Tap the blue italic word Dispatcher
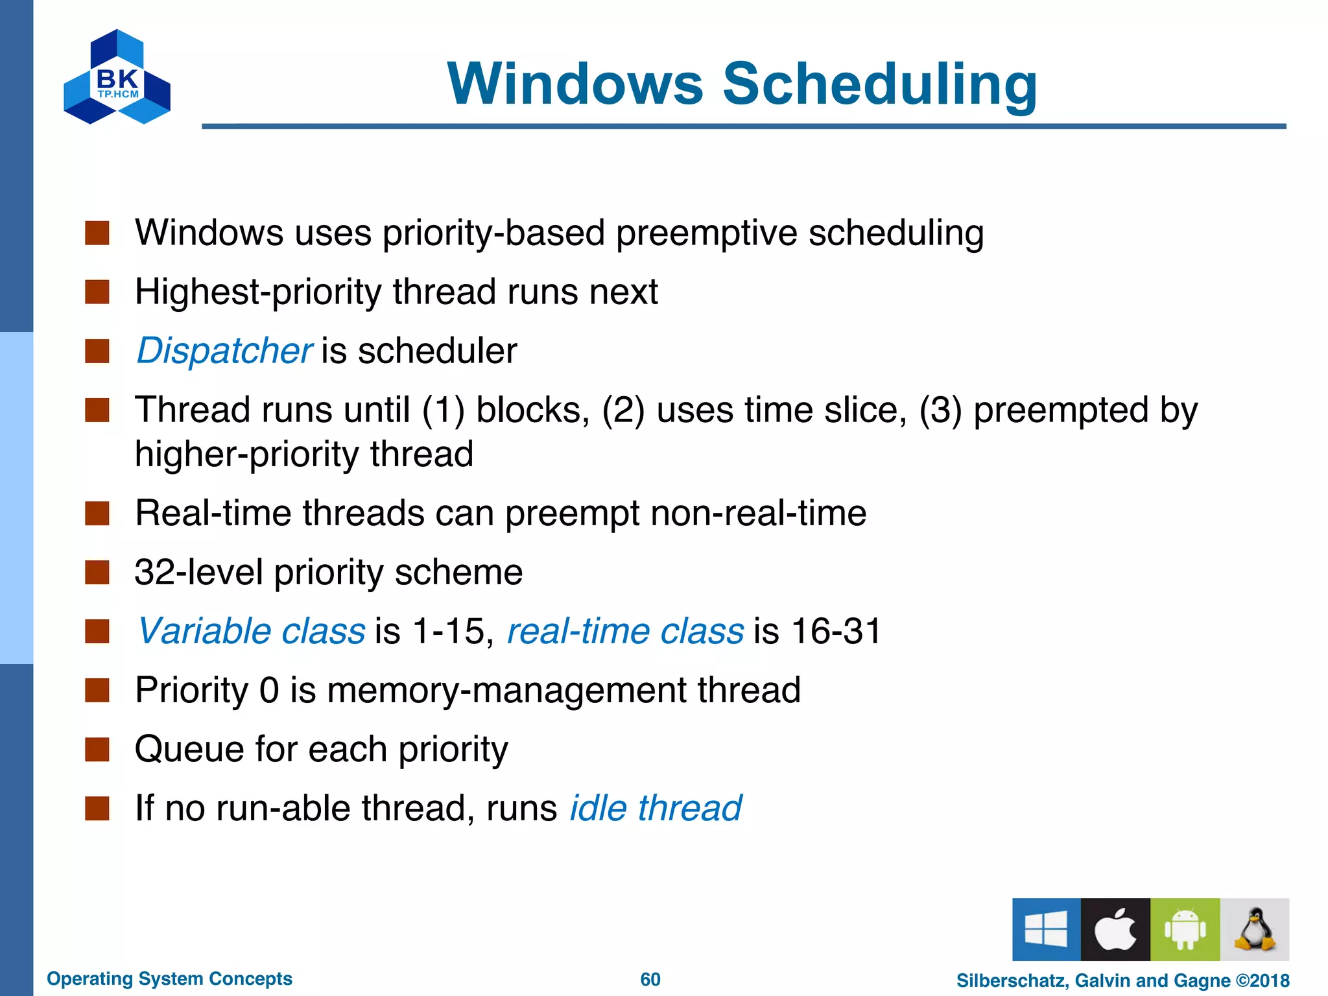coord(224,351)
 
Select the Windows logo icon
coord(1046,929)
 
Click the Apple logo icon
coord(1115,929)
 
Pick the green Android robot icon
coord(1185,929)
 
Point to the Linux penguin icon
coord(1255,929)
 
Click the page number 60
coord(650,979)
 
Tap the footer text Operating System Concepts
coord(169,978)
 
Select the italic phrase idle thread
coord(656,809)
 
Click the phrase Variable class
coord(251,631)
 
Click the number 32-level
coord(198,572)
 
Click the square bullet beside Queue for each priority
coord(97,749)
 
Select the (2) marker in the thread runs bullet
coord(623,410)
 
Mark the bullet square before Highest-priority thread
coord(97,292)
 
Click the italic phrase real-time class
coord(625,631)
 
